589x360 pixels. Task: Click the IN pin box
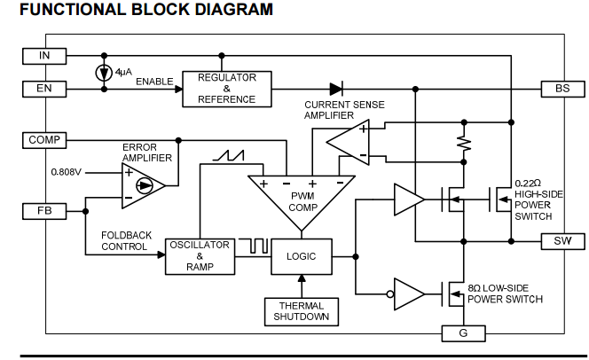[x=43, y=56]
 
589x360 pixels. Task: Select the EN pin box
[x=43, y=89]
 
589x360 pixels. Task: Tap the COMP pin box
[x=43, y=140]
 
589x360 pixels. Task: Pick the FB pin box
[x=43, y=211]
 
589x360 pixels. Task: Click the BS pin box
[x=562, y=89]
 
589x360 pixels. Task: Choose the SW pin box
[x=562, y=241]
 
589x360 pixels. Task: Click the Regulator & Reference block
[x=227, y=89]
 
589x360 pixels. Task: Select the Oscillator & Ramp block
[x=200, y=255]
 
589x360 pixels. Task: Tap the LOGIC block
[x=302, y=256]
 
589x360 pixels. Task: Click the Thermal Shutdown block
[x=302, y=310]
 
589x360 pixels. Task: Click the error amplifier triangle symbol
[x=145, y=184]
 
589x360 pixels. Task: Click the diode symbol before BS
[x=336, y=89]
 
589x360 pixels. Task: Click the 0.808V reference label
[x=67, y=171]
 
